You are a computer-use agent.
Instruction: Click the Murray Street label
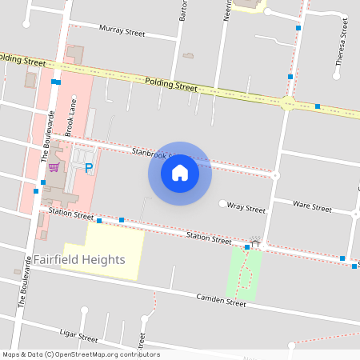122,32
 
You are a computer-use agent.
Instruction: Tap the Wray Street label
246,208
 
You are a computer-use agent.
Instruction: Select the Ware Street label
312,207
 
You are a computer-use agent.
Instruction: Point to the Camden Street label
221,301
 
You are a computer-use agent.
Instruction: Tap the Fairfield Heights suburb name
79,260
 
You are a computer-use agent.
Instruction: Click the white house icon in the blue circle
180,172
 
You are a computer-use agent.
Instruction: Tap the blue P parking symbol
89,168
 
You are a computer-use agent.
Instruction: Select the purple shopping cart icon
54,167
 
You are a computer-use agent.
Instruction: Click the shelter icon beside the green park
255,240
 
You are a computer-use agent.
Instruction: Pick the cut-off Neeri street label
228,10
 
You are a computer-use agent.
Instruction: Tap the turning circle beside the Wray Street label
222,204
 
